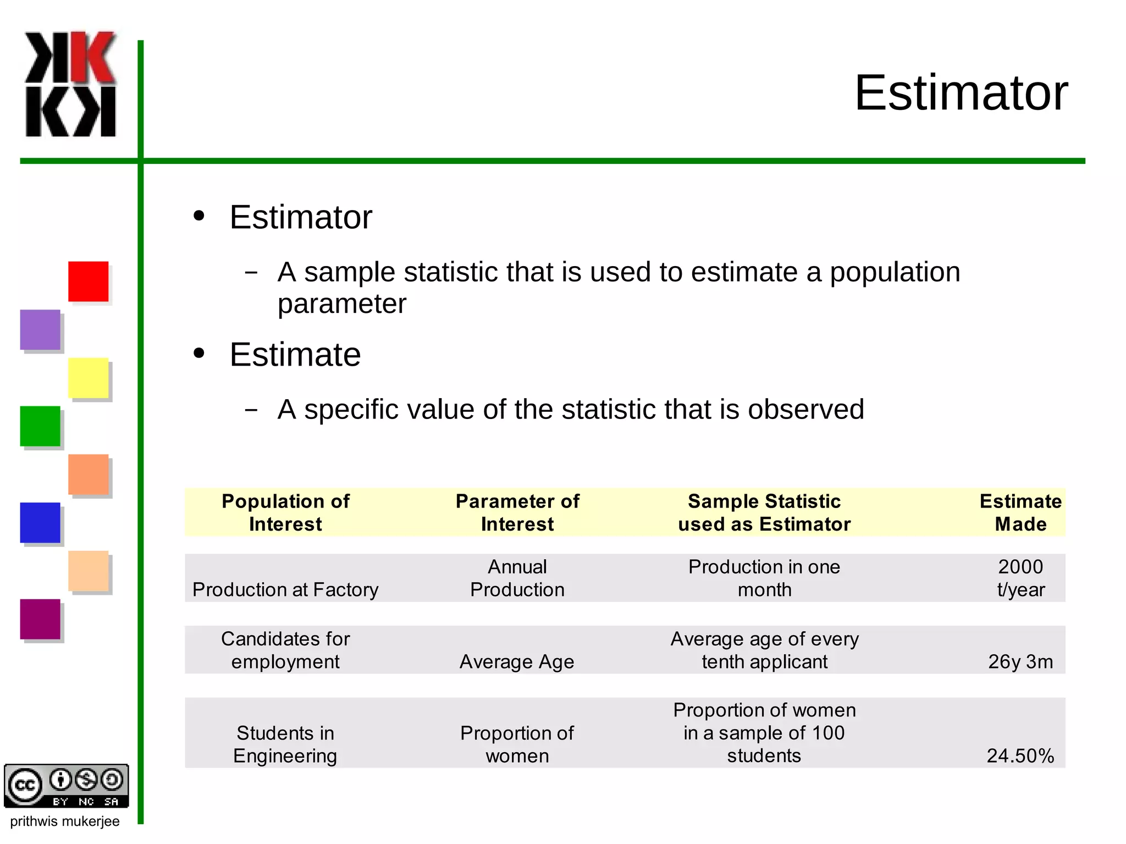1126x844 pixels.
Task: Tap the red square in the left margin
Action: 88,281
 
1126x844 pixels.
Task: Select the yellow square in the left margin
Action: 88,378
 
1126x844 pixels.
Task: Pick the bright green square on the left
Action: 40,426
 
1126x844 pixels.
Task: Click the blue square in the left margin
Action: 40,522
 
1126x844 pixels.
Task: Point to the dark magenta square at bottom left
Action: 40,619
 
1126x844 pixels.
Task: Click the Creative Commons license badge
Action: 66,786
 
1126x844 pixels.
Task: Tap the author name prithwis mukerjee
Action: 65,821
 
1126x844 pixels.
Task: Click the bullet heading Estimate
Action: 295,355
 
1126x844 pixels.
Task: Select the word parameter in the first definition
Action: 341,304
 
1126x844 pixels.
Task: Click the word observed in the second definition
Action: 805,409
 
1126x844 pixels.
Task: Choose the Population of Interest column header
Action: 285,512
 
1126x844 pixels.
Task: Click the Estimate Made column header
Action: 1020,512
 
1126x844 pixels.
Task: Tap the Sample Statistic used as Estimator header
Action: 764,512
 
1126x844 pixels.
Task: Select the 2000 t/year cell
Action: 1020,578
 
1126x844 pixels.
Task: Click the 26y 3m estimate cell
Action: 1020,661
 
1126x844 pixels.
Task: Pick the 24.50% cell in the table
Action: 1020,755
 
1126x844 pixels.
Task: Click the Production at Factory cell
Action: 285,589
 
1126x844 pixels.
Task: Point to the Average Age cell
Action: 517,661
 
